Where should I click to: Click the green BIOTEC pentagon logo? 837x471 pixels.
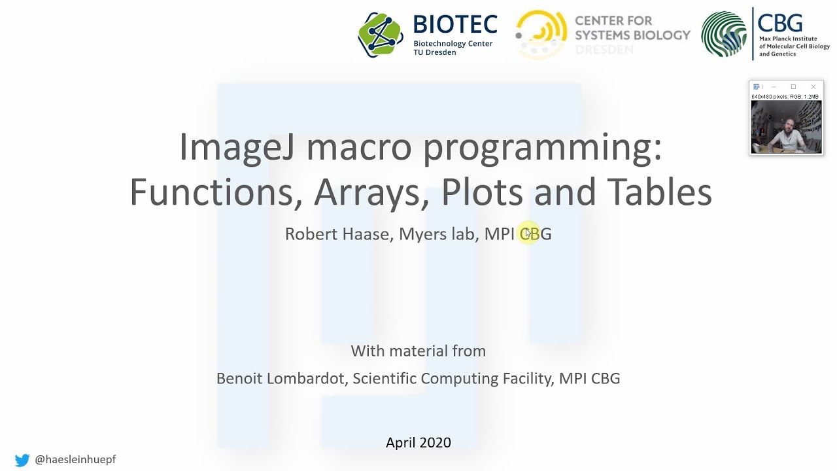pyautogui.click(x=381, y=34)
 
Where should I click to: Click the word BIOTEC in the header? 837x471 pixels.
pyautogui.click(x=455, y=26)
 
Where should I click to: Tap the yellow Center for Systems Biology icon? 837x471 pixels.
pyautogui.click(x=541, y=34)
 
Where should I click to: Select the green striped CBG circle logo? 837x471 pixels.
pyautogui.click(x=724, y=34)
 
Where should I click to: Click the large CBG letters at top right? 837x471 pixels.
pyautogui.click(x=780, y=23)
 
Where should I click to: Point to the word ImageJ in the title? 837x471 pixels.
pyautogui.click(x=237, y=148)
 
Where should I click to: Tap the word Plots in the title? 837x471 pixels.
pyautogui.click(x=482, y=192)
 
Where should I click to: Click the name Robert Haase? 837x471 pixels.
pyautogui.click(x=337, y=234)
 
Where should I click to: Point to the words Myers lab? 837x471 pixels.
pyautogui.click(x=437, y=234)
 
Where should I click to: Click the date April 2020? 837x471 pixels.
pyautogui.click(x=418, y=443)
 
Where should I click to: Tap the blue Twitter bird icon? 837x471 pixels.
pyautogui.click(x=22, y=460)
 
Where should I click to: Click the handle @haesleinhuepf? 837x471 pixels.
pyautogui.click(x=75, y=460)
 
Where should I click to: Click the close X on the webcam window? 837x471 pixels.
pyautogui.click(x=813, y=87)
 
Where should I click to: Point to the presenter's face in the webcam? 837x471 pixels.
pyautogui.click(x=789, y=124)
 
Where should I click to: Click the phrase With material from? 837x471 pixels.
pyautogui.click(x=418, y=351)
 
